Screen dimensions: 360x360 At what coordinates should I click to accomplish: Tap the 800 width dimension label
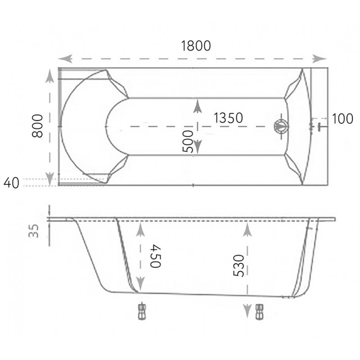pos(37,126)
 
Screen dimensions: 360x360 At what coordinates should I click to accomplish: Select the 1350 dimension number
pos(228,118)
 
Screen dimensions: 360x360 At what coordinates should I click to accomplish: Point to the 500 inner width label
pos(188,141)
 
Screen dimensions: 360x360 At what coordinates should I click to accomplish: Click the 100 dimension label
pos(342,119)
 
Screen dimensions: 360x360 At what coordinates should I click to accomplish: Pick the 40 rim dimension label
pos(11,183)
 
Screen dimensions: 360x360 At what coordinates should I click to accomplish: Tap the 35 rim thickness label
pos(33,231)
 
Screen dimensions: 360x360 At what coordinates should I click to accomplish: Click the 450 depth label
pos(156,256)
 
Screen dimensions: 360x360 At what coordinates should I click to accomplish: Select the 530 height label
pos(238,265)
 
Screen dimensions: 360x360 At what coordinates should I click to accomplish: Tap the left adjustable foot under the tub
pos(142,312)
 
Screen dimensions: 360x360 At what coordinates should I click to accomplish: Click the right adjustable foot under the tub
pos(260,312)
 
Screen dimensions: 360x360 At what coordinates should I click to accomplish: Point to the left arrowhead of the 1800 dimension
pos(65,58)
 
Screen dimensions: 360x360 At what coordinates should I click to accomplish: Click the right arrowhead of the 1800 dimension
pos(319,58)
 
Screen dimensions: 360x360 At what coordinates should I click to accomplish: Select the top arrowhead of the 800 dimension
pos(49,76)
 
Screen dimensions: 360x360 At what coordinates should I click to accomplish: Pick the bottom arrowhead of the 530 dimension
pos(247,311)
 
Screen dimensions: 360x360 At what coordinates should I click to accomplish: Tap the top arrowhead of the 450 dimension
pos(140,229)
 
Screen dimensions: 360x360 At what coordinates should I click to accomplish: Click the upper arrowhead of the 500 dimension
pos(198,106)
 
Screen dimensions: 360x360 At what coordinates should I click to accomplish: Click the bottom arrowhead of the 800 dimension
pos(49,179)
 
